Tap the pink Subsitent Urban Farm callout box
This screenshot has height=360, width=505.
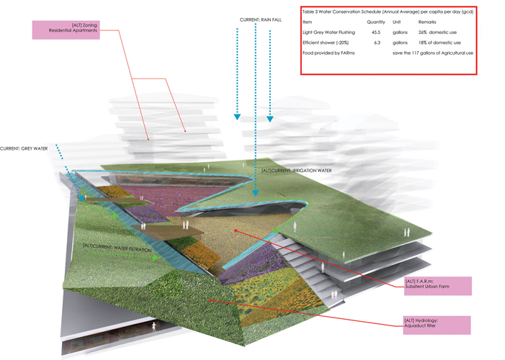(x=437, y=285)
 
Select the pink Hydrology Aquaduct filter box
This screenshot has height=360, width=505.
(x=437, y=324)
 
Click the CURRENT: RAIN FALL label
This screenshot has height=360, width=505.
(x=262, y=18)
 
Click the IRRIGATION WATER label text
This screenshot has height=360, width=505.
(x=292, y=171)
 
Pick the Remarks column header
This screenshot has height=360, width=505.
(x=427, y=22)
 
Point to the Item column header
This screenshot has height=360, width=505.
(x=308, y=22)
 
